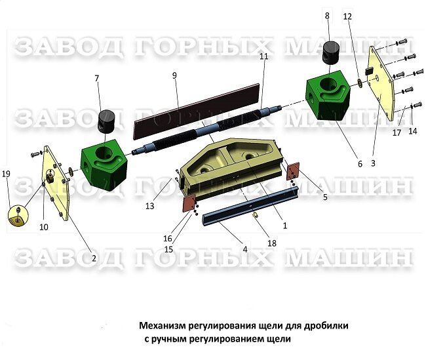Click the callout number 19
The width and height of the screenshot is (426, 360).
point(6,174)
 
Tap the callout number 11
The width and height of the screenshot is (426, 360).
point(264,56)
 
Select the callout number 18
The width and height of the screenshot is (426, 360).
point(272,243)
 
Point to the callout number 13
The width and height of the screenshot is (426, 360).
point(149,206)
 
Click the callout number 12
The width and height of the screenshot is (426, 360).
point(347,16)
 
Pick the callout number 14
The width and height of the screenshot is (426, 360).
point(412,131)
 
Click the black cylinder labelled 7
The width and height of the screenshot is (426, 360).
point(106,121)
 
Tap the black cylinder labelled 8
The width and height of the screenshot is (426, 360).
point(331,52)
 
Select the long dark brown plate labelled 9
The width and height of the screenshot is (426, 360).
point(197,110)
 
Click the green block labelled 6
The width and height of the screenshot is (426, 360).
point(328,96)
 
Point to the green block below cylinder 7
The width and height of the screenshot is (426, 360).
point(104,165)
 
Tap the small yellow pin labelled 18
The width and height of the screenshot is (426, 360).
point(256,215)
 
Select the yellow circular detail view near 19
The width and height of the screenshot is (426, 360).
point(18,216)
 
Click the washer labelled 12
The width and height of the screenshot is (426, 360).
point(359,83)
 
